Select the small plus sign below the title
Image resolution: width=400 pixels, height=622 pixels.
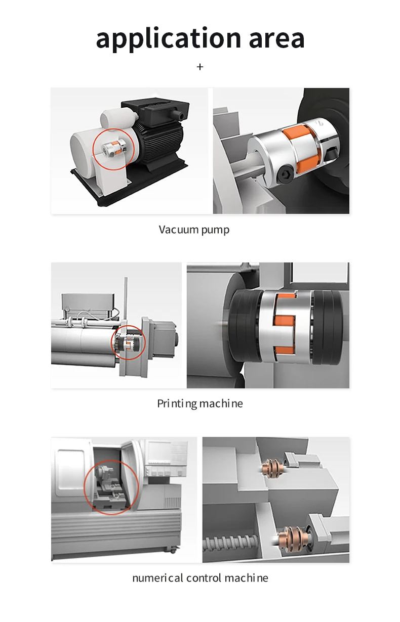click(200, 67)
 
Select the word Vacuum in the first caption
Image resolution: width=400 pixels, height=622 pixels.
click(178, 230)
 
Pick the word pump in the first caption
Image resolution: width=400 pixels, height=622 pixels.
click(215, 230)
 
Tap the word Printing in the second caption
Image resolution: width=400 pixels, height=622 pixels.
click(176, 404)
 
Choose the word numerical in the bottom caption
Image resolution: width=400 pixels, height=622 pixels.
click(157, 578)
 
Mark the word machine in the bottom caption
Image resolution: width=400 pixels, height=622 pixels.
click(247, 578)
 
